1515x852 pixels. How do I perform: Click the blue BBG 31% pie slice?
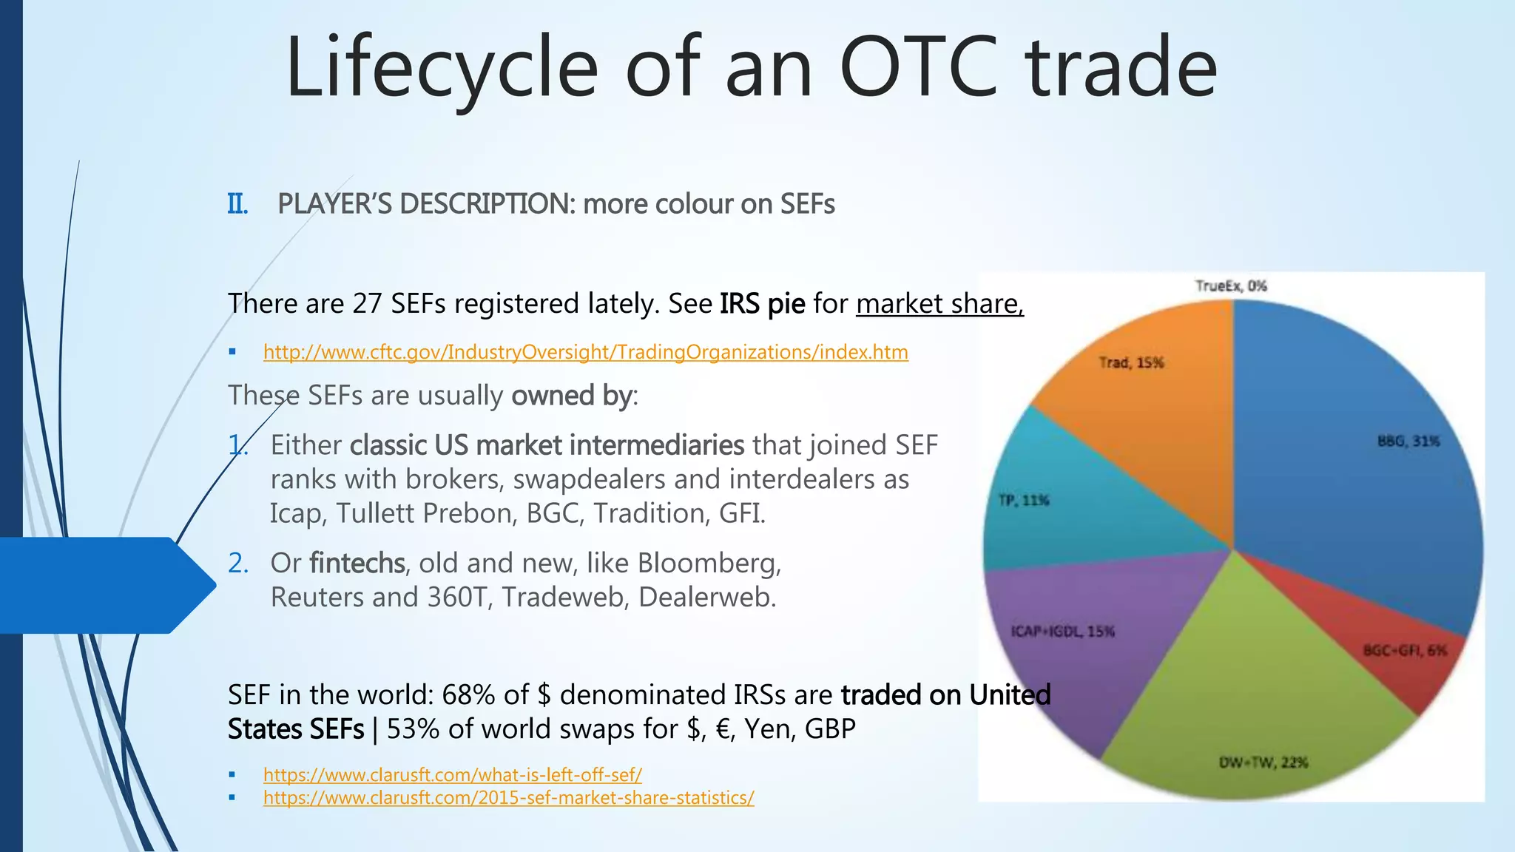[1354, 481]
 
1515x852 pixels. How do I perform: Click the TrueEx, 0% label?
[1231, 286]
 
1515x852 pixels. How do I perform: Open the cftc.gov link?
[585, 352]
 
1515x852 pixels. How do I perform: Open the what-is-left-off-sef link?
[452, 775]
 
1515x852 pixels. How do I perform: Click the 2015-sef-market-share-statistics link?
[508, 798]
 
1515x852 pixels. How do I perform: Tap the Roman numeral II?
[237, 204]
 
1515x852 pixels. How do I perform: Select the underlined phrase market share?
[939, 304]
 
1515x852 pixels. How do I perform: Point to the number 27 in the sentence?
[367, 304]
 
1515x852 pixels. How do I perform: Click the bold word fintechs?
[357, 564]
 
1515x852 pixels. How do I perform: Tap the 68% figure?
[468, 695]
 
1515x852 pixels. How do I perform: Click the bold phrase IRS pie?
[762, 304]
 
